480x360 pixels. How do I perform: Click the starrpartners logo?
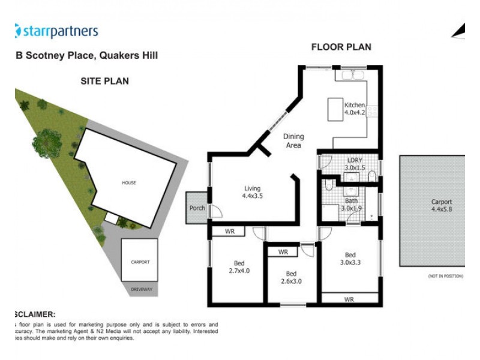point(56,31)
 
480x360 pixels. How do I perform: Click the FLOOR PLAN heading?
point(341,47)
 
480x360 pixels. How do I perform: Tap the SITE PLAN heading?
point(104,81)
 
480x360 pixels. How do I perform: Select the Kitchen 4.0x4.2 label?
point(354,109)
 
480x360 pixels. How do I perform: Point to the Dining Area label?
point(292,140)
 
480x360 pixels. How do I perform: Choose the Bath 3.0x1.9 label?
point(352,205)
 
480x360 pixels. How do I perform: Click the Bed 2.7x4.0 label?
point(238,266)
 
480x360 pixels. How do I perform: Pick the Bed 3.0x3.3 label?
point(352,257)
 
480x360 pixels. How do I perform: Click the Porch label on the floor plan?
point(197,208)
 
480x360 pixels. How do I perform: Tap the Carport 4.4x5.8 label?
point(441,206)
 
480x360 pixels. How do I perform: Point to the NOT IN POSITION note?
point(445,276)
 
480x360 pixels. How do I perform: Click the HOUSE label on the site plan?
point(129,182)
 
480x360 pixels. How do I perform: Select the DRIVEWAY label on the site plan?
point(141,290)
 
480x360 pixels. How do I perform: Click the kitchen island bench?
point(334,111)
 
